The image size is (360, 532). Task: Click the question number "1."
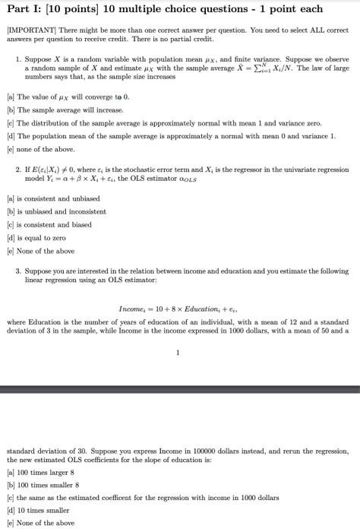(x=18, y=58)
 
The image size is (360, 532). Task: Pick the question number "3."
(x=18, y=270)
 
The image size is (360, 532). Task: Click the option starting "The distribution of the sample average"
(x=114, y=124)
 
